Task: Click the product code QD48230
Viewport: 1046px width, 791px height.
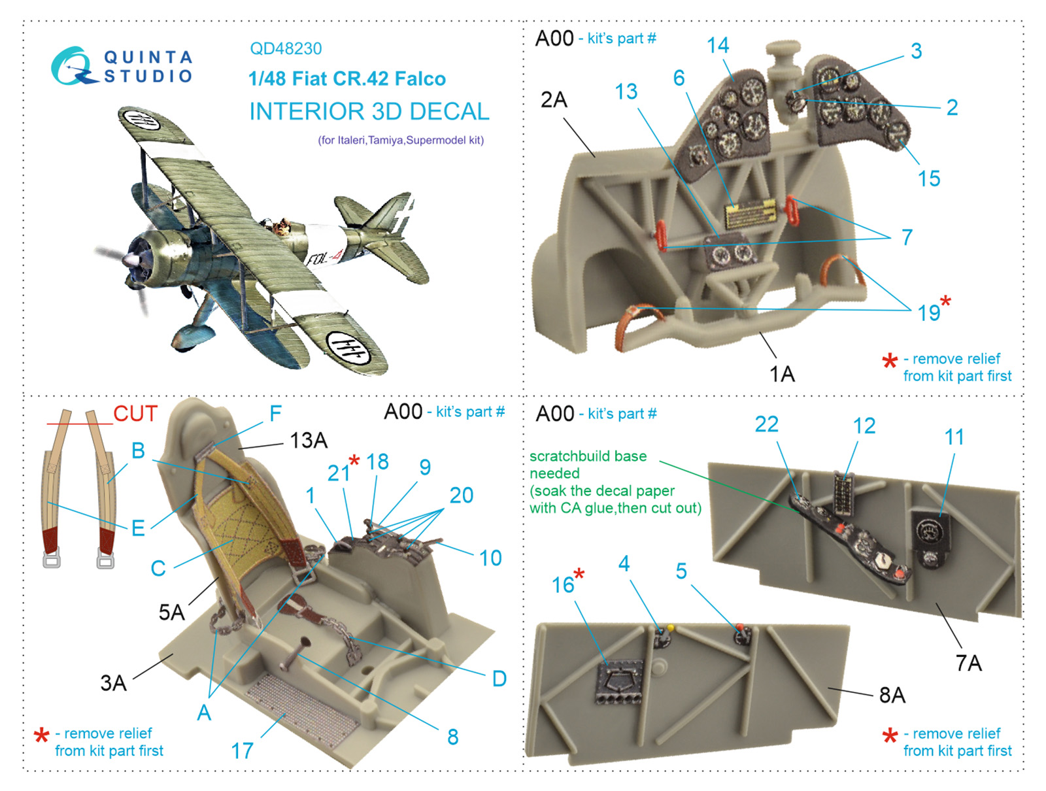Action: (x=286, y=48)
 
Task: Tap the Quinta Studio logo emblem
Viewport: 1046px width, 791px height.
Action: (x=71, y=66)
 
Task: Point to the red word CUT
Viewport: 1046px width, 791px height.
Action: (x=135, y=413)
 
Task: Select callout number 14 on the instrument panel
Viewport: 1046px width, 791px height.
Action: (x=718, y=46)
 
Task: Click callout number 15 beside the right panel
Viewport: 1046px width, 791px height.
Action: (x=929, y=178)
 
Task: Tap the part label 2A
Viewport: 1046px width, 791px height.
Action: (x=554, y=100)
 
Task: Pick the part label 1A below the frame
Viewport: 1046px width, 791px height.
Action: (x=782, y=374)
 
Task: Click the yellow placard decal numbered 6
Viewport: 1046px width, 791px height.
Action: (x=751, y=215)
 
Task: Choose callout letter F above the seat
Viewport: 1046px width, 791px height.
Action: (x=275, y=413)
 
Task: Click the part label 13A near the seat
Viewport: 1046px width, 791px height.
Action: (x=309, y=441)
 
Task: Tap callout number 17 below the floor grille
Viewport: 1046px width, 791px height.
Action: (x=242, y=751)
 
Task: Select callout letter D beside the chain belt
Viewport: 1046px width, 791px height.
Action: (x=499, y=679)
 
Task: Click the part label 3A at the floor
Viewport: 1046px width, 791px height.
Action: (x=113, y=683)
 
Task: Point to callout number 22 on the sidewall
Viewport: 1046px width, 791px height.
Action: (x=767, y=424)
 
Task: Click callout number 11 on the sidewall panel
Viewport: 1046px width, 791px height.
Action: (x=954, y=437)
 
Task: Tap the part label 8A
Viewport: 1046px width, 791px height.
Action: (x=892, y=695)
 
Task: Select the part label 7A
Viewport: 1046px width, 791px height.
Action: (x=969, y=663)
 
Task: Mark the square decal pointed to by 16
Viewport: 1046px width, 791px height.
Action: (x=618, y=681)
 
